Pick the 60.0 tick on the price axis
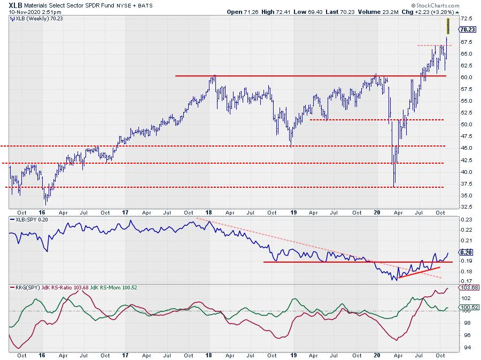pyautogui.click(x=466, y=77)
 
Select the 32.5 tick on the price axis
pyautogui.click(x=466, y=206)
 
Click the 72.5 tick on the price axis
pyautogui.click(x=466, y=18)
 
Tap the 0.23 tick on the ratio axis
pyautogui.click(x=466, y=220)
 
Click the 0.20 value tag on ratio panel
pyautogui.click(x=466, y=252)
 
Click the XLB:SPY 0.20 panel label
pyautogui.click(x=28, y=219)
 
